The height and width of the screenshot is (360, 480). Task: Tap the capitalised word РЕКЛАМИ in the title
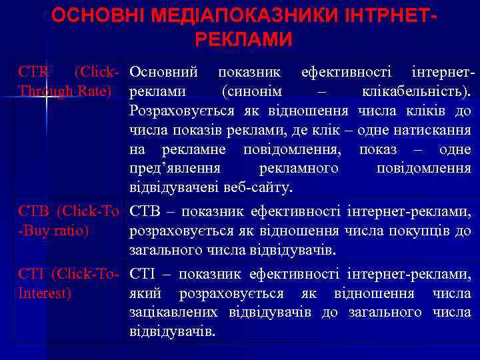[x=244, y=39]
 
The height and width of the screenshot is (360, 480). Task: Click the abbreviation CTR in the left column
[x=32, y=71]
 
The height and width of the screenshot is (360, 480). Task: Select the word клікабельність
[x=423, y=91]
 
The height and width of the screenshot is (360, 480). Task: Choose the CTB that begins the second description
[x=143, y=212]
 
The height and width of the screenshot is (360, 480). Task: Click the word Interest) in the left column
[x=45, y=293]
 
